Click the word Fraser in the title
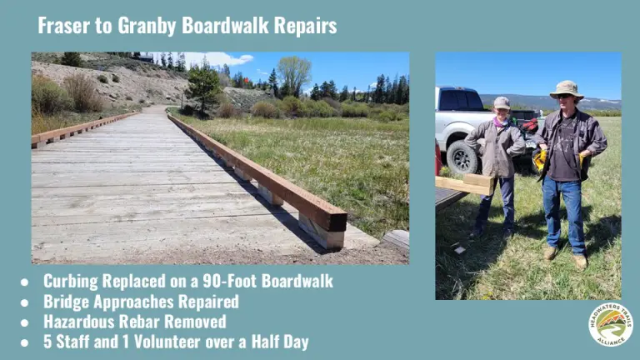click(64, 25)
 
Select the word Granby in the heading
click(147, 26)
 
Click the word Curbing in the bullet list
click(71, 282)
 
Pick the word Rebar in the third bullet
click(137, 322)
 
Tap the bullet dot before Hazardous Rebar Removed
click(24, 322)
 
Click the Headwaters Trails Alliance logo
click(611, 325)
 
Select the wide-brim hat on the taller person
click(567, 89)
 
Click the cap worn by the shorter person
click(502, 102)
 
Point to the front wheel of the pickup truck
click(462, 157)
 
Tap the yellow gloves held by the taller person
click(540, 160)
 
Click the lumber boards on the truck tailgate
click(465, 184)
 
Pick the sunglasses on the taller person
click(565, 96)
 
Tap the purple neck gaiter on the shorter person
click(500, 122)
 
